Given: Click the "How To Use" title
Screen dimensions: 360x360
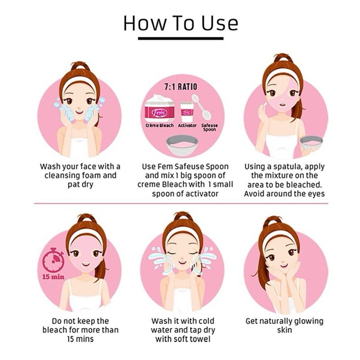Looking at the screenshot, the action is (181, 23).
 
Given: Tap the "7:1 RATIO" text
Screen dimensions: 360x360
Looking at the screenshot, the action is (181, 87).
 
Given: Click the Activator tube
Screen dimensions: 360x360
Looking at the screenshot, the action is (187, 112).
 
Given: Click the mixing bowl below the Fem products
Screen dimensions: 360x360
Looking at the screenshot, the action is (182, 145).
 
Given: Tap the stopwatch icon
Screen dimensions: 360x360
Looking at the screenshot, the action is (54, 260).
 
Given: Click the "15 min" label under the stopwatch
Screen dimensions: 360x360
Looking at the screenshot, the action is (53, 277).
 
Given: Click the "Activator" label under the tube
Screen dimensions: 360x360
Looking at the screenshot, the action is (187, 126).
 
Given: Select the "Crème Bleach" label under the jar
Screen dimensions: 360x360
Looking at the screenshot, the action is (160, 126).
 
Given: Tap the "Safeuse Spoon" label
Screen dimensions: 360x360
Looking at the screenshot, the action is (209, 127).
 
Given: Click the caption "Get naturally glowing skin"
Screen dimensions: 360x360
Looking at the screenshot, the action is (284, 325).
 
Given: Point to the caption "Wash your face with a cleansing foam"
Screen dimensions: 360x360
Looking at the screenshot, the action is (80, 171).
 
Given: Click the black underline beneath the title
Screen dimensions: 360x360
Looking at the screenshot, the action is (181, 38).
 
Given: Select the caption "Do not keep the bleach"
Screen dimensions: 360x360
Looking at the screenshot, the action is (80, 325).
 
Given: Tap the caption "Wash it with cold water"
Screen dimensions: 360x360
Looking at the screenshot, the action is (183, 325).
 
